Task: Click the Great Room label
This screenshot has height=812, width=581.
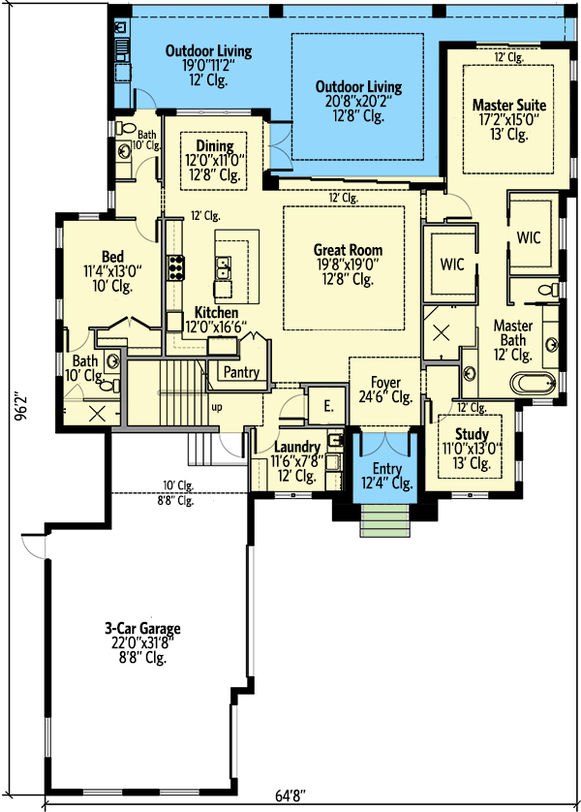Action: point(342,250)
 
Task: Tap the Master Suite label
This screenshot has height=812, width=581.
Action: point(508,105)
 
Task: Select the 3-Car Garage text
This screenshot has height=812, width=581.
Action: point(142,629)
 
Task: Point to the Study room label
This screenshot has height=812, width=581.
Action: point(472,434)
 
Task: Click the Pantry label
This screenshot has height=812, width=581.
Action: point(240,372)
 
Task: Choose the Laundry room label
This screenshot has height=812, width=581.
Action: point(296,447)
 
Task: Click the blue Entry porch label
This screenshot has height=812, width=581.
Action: point(386,469)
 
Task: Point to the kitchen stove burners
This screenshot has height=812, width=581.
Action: point(175,266)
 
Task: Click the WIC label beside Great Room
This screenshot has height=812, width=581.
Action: point(452,264)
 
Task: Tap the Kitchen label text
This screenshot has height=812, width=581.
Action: point(216,312)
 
